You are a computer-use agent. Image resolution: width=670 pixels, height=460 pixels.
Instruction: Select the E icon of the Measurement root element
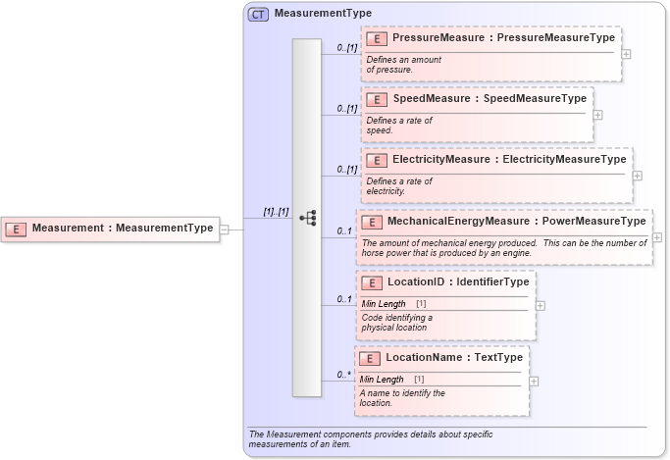pyautogui.click(x=17, y=229)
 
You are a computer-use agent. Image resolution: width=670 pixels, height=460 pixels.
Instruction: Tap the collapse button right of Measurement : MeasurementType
pyautogui.click(x=225, y=229)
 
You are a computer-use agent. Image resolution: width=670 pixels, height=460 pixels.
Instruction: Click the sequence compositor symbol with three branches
pyautogui.click(x=307, y=218)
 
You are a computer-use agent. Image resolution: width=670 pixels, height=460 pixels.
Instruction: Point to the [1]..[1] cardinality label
pyautogui.click(x=276, y=212)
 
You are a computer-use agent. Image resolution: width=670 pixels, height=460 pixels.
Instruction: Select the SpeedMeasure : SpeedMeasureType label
pyautogui.click(x=490, y=99)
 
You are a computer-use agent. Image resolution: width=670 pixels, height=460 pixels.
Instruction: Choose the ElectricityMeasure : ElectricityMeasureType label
pyautogui.click(x=509, y=160)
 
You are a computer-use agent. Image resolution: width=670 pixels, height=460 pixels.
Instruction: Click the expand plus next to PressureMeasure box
pyautogui.click(x=626, y=54)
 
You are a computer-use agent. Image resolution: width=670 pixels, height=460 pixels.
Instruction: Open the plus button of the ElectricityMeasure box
pyautogui.click(x=638, y=176)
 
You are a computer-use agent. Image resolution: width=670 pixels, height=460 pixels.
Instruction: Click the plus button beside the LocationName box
pyautogui.click(x=534, y=381)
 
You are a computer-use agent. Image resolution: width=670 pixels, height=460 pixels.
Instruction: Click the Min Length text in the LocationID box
pyautogui.click(x=384, y=304)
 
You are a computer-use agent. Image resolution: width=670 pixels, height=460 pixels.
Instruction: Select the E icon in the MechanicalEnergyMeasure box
pyautogui.click(x=371, y=222)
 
